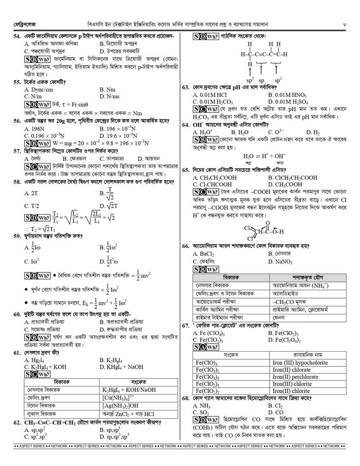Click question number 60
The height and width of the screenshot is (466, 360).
(x=17, y=314)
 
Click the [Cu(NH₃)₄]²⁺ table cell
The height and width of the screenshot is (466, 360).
(x=118, y=398)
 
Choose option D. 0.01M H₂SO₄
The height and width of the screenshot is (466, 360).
(x=288, y=102)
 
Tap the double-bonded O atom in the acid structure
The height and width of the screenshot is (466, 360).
(x=267, y=222)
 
